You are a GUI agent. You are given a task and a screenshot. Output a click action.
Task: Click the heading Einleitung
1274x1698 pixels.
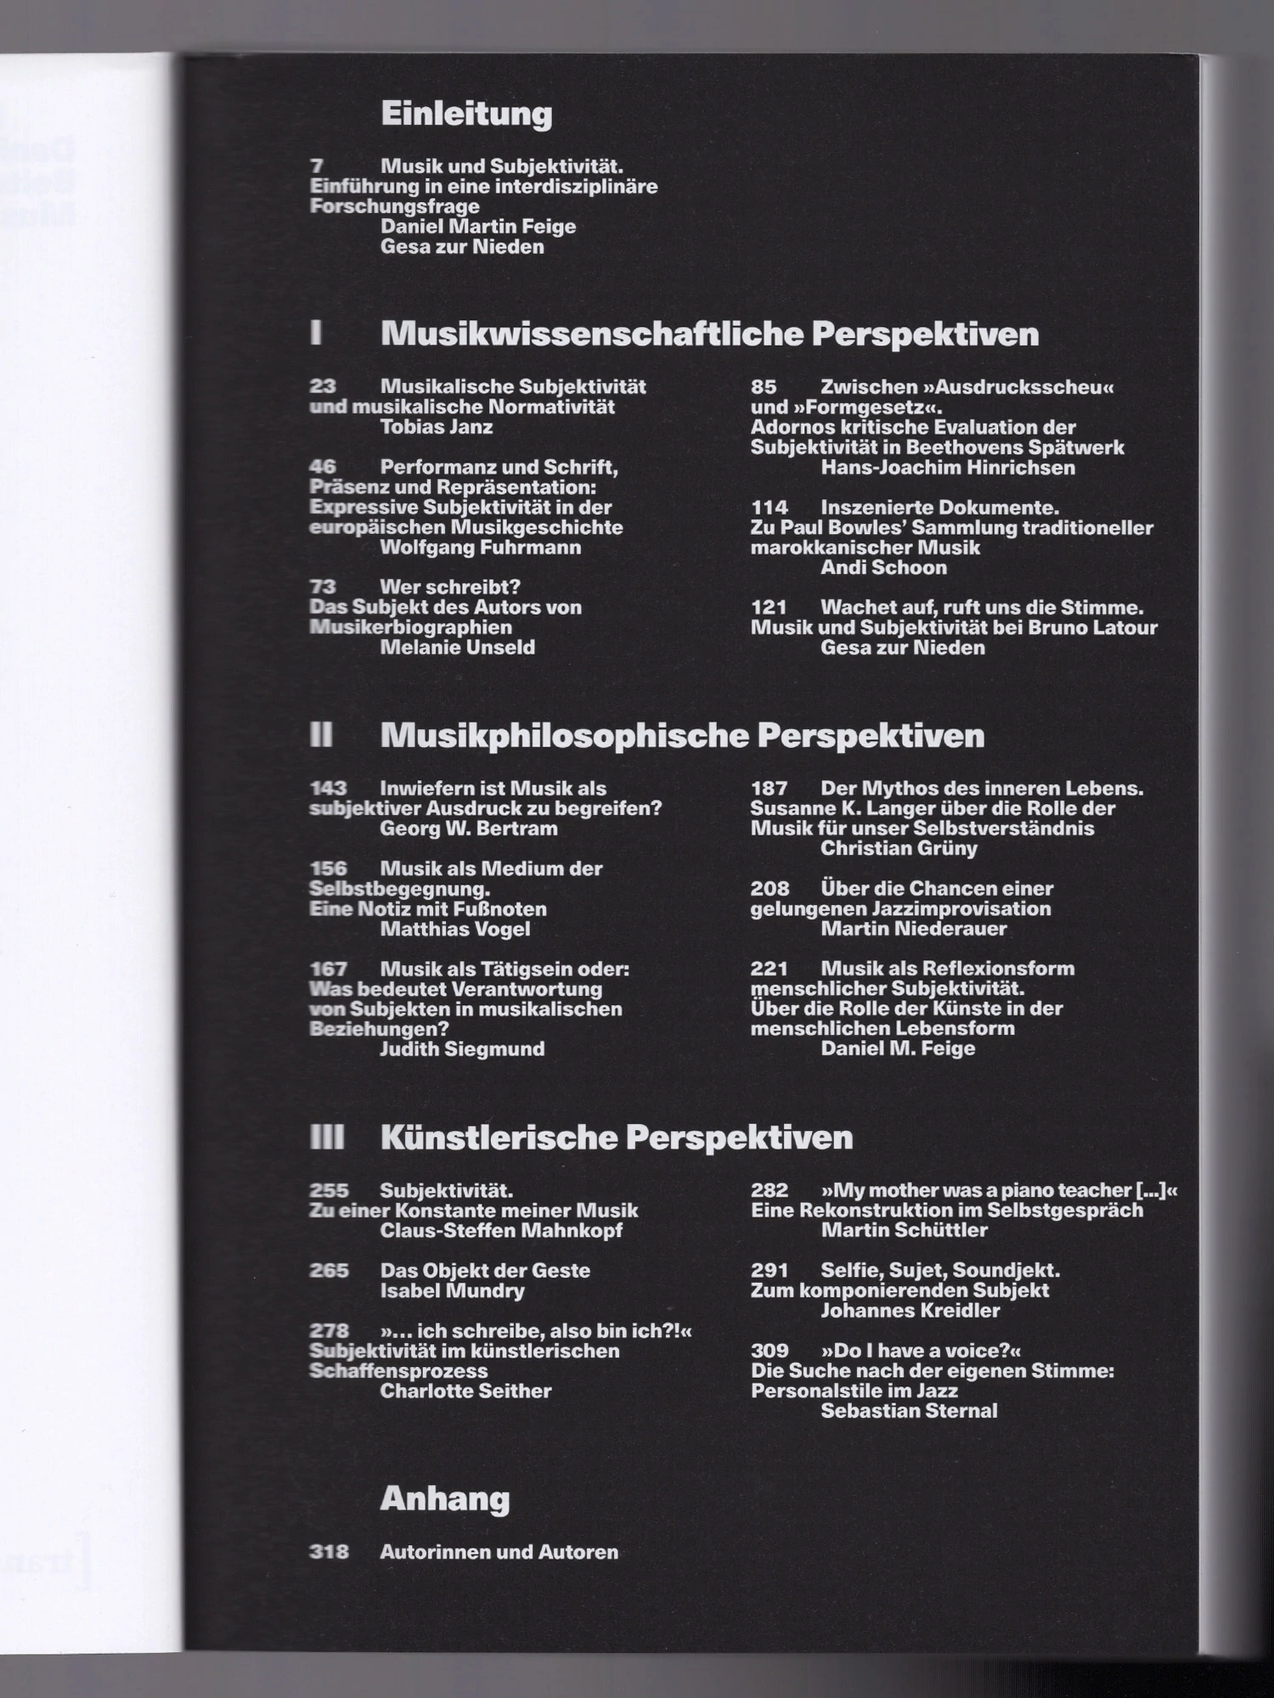pyautogui.click(x=466, y=113)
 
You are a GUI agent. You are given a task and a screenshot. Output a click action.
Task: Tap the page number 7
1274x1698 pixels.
pyautogui.click(x=317, y=166)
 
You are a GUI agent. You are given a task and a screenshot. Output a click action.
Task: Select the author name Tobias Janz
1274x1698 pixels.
pyautogui.click(x=436, y=427)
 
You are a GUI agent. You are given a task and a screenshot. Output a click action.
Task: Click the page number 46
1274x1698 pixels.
pyautogui.click(x=323, y=467)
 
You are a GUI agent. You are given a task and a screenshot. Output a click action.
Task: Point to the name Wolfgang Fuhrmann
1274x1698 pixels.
pyautogui.click(x=480, y=548)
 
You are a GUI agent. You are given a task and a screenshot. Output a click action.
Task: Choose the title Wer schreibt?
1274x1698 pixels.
pyautogui.click(x=449, y=587)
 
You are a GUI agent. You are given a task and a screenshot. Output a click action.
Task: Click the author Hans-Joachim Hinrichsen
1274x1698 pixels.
pyautogui.click(x=947, y=468)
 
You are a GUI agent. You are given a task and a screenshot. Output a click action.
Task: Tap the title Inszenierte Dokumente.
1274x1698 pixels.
pyautogui.click(x=939, y=508)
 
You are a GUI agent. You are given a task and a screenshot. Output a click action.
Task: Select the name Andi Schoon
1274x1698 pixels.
pyautogui.click(x=883, y=568)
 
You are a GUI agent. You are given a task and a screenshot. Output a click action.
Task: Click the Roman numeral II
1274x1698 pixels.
pyautogui.click(x=321, y=734)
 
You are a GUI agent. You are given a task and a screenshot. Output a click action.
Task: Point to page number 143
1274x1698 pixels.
pyautogui.click(x=328, y=789)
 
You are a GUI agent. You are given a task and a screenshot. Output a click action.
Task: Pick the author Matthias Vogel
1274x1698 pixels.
pyautogui.click(x=454, y=929)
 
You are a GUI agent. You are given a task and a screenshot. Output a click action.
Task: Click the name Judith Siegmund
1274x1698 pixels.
pyautogui.click(x=461, y=1049)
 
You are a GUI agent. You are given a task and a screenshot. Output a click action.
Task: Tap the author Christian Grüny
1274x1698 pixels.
pyautogui.click(x=899, y=848)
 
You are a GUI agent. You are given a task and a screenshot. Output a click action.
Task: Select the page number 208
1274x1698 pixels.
pyautogui.click(x=769, y=889)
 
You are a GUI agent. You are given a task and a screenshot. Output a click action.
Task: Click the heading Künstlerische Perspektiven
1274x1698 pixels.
pyautogui.click(x=616, y=1138)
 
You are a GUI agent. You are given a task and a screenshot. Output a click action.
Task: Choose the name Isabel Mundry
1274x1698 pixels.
pyautogui.click(x=452, y=1291)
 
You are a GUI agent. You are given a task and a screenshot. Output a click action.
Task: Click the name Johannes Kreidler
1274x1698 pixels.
pyautogui.click(x=910, y=1311)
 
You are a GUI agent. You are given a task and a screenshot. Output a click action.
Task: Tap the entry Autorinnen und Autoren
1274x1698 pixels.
pyautogui.click(x=499, y=1552)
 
